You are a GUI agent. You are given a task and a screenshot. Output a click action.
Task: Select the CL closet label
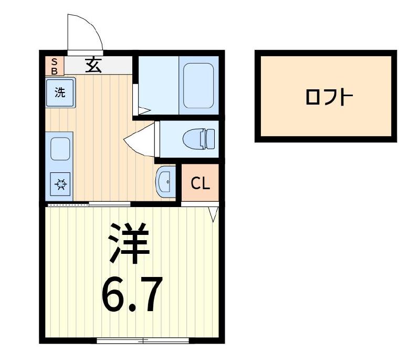click(200, 183)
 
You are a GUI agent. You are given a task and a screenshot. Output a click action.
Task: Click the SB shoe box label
click(54, 66)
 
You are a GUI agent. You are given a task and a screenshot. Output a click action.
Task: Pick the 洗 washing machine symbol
click(60, 92)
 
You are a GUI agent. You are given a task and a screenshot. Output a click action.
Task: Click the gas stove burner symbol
click(61, 184)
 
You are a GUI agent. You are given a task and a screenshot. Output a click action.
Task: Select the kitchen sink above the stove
click(61, 150)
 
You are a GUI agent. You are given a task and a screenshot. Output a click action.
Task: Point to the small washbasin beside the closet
click(165, 181)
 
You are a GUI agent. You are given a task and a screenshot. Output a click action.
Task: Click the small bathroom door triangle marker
click(144, 110)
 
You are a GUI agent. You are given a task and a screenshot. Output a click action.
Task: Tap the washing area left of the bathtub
click(157, 84)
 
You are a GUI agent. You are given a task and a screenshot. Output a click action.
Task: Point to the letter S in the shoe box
click(54, 61)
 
